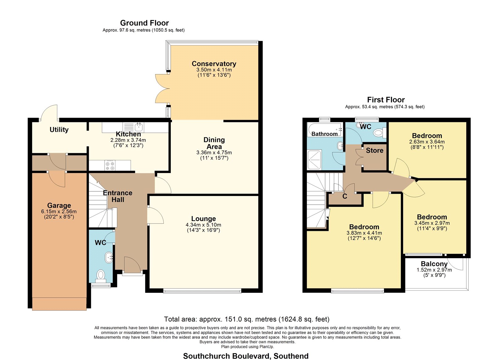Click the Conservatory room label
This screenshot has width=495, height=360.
[214, 64]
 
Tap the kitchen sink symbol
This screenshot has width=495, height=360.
[133, 127]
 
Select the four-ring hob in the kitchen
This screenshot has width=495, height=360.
[110, 165]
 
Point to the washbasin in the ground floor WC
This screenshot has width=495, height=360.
[109, 257]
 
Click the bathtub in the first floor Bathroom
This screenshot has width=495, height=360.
[325, 130]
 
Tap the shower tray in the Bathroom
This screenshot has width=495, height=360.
[314, 159]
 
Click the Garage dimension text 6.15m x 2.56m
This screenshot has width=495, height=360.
[59, 211]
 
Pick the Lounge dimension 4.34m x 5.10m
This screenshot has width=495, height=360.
[203, 225]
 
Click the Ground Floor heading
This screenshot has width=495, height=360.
[144, 23]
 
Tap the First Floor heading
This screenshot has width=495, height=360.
[386, 100]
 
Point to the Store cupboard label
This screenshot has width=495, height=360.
[375, 150]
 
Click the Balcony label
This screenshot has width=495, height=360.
[434, 264]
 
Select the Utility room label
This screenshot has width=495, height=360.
[59, 130]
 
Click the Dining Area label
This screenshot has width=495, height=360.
[214, 143]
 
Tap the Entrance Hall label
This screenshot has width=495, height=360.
[118, 196]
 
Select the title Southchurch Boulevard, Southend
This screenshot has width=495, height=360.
[246, 356]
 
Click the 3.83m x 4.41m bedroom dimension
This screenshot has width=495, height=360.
[364, 233]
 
